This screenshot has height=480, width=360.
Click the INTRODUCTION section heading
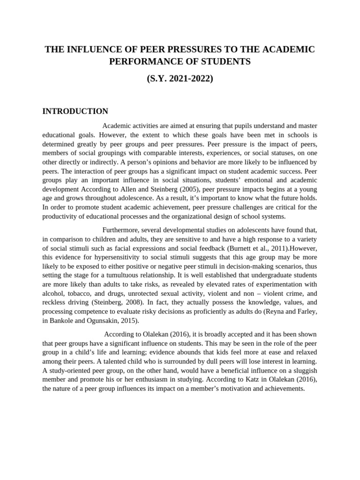(75, 111)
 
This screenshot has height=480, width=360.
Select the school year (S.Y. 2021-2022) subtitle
(180, 79)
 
